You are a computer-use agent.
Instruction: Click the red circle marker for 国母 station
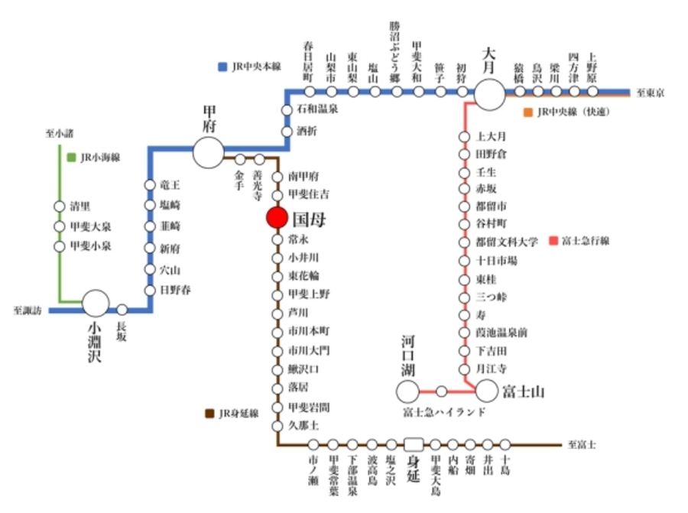[277, 217]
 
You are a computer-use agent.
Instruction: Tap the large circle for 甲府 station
[208, 152]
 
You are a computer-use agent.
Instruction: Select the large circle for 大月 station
[490, 93]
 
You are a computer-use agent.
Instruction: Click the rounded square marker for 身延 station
[414, 443]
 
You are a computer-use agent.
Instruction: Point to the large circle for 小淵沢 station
[96, 304]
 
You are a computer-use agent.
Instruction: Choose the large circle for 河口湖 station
[408, 391]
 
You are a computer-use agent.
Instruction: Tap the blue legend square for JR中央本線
[222, 67]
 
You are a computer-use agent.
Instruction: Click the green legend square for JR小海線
[71, 157]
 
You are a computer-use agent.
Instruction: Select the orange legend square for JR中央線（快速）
[527, 112]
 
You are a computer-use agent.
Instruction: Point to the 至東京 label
[650, 93]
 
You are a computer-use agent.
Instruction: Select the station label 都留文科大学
[507, 242]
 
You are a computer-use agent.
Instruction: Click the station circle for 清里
[60, 206]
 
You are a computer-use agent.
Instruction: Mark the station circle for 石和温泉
[287, 109]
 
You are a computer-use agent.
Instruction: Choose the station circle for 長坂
[122, 310]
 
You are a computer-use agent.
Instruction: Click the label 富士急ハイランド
[444, 413]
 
